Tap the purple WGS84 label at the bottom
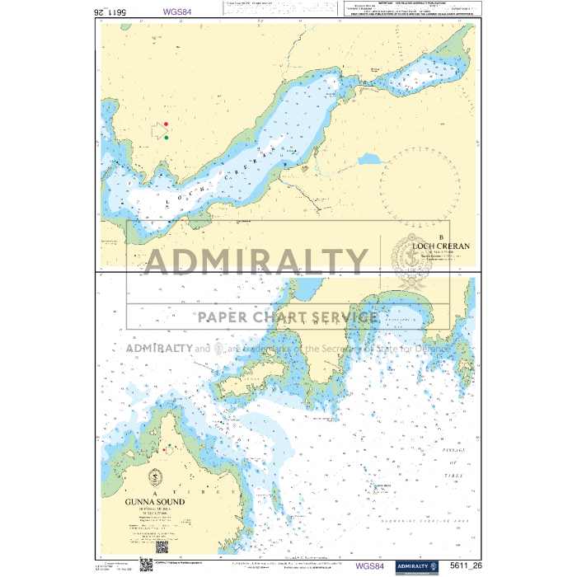click(x=369, y=566)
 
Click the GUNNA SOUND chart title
click(x=155, y=501)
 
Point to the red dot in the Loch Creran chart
click(x=166, y=124)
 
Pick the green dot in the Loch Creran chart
click(x=166, y=138)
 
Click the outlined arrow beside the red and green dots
click(x=158, y=130)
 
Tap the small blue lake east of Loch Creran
click(x=370, y=158)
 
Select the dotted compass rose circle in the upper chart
click(x=419, y=188)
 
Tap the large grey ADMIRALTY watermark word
click(x=256, y=262)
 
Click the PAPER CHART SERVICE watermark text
click(x=287, y=317)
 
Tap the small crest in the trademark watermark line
click(x=218, y=349)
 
